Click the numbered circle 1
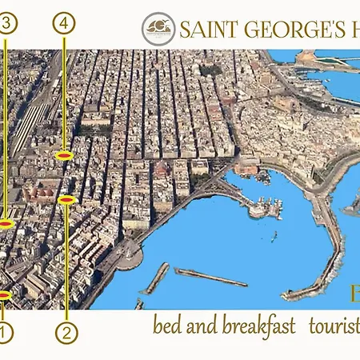4,332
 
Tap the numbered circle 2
66,331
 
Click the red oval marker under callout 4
65,155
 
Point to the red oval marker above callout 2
67,199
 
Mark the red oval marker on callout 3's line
6,224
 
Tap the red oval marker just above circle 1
3,296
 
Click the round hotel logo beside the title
158,30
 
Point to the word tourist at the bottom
336,326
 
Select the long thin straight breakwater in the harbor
210,277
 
